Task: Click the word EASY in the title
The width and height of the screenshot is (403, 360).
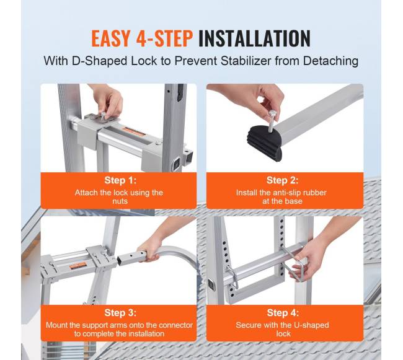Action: coord(111,38)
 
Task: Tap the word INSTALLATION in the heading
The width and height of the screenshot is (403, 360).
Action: coord(254,38)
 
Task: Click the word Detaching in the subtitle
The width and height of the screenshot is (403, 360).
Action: coord(330,61)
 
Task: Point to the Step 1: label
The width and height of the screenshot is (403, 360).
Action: coord(120,180)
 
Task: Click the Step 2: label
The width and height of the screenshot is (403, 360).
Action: coord(283,180)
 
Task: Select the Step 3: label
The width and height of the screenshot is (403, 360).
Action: coord(120,313)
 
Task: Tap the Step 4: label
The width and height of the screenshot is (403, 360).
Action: coord(283,313)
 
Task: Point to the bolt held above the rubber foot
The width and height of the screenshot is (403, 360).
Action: coord(271,121)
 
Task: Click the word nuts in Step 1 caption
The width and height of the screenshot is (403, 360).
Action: coord(120,201)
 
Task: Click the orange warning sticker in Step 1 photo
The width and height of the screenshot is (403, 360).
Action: coord(133,132)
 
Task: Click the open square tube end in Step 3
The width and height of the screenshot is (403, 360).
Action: coord(121,260)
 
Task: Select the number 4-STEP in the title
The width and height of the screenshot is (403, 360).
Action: coord(164,38)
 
